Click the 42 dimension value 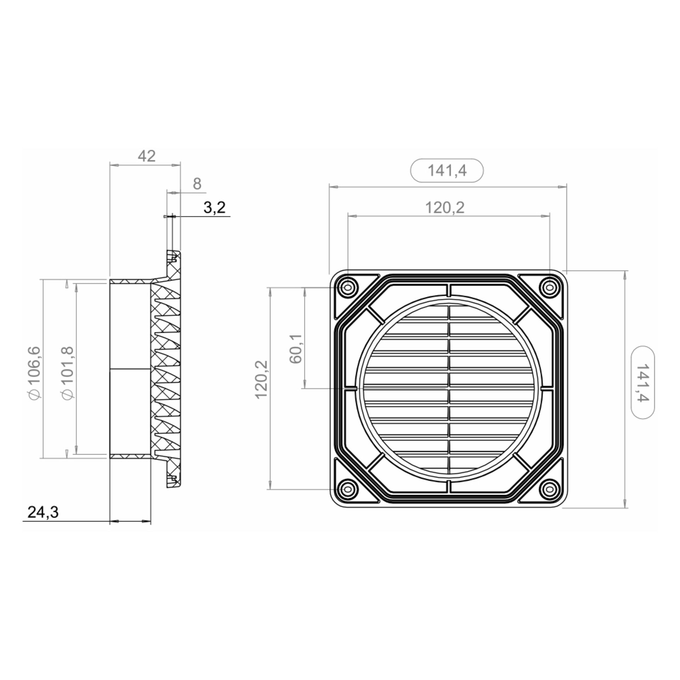(147, 156)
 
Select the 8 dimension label (197, 184)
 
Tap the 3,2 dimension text (214, 207)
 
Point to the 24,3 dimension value (43, 512)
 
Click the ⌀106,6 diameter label (35, 373)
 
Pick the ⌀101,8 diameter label (67, 373)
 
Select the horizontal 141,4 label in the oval (447, 171)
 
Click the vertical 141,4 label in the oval (642, 382)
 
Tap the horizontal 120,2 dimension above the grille (444, 208)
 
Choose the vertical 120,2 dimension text (261, 379)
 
